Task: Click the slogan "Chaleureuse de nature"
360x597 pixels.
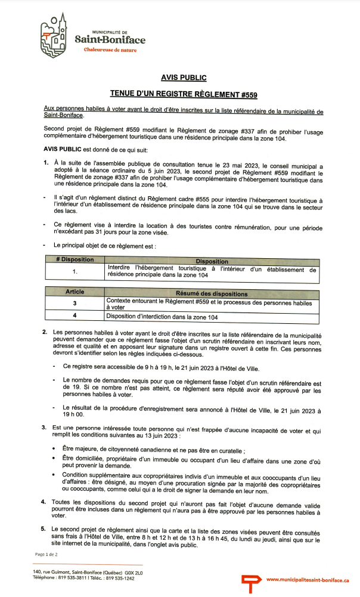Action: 110,50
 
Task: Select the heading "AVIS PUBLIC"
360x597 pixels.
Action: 184,78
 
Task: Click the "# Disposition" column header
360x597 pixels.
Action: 75,261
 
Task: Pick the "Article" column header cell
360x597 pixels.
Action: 75,292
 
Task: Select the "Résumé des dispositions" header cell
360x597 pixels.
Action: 212,293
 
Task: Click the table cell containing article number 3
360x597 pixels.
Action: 75,304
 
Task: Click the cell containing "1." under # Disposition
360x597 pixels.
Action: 75,271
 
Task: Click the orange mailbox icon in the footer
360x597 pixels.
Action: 250,580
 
